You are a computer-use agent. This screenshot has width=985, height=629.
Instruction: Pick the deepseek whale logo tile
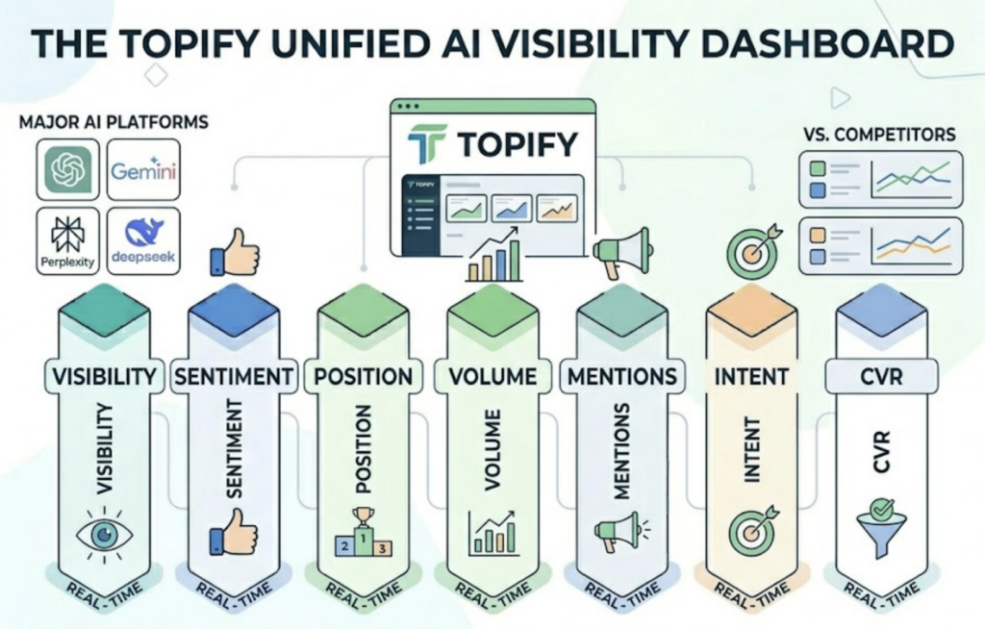142,239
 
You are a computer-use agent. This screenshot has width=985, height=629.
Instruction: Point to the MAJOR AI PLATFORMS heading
113,122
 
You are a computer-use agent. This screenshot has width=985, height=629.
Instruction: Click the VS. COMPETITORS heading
878,134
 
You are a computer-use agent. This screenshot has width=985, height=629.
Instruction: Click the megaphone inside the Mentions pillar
618,531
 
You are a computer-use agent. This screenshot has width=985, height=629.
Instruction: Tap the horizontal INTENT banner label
751,376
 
